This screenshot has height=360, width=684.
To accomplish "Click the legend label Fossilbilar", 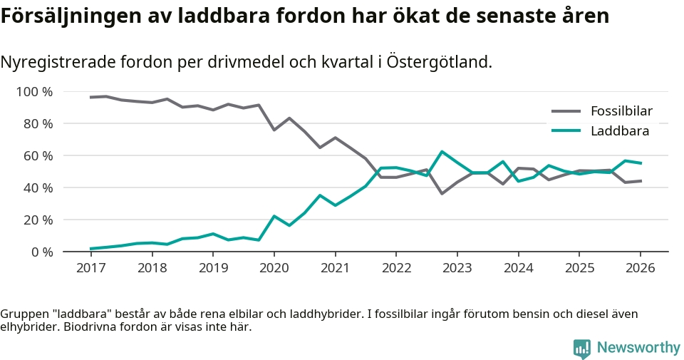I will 621,111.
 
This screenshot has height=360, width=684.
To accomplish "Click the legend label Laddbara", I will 619,131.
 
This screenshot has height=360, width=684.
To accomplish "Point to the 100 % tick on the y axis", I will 34,92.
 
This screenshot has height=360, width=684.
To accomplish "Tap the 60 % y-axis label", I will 38,156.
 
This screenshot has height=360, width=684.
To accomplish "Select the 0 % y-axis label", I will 41,252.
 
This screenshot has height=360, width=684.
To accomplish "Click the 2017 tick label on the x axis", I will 90,269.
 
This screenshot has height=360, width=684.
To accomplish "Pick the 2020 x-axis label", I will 274,269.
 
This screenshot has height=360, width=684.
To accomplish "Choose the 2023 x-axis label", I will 457,269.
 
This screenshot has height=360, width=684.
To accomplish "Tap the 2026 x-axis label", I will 640,269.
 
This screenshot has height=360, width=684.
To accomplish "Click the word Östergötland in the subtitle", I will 440,63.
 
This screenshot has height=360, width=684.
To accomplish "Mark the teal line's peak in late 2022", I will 442,152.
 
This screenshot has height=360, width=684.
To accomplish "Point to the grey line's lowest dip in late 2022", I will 442,193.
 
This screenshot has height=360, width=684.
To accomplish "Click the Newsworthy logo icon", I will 582,348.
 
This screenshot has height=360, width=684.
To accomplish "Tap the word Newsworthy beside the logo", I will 638,348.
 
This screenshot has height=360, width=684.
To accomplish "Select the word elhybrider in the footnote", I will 29,328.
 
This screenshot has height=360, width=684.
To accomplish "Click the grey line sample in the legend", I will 566,111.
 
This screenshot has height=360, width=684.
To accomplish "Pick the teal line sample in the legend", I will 566,131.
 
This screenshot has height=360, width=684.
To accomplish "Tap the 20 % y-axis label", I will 38,220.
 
